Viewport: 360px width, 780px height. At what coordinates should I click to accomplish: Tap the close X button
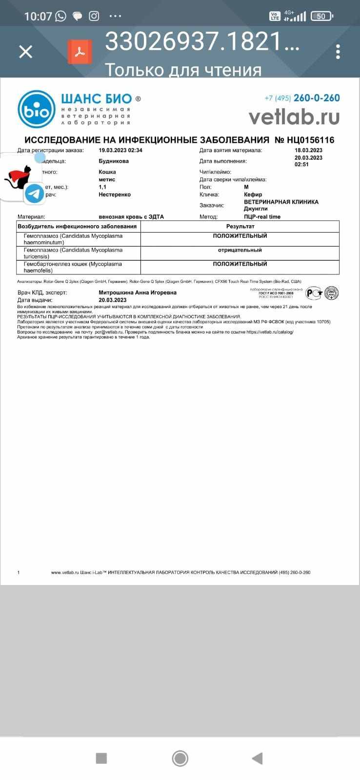click(25, 52)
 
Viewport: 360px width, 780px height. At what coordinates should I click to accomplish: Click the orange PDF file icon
click(80, 52)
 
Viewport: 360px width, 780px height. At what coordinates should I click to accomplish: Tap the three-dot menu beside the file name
click(338, 52)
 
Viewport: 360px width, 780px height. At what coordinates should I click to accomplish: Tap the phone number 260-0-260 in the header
click(317, 98)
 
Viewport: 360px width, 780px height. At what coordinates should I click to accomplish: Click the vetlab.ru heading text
click(294, 117)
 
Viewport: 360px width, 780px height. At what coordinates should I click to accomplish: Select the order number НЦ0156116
click(305, 140)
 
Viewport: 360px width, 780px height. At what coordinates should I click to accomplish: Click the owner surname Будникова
click(114, 161)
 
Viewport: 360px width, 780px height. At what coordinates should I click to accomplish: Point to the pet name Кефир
click(253, 195)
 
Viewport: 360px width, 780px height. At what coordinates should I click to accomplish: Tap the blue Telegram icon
click(34, 194)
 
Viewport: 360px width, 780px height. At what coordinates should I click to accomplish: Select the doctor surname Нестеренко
click(115, 195)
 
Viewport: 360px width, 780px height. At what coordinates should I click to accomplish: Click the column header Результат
click(240, 227)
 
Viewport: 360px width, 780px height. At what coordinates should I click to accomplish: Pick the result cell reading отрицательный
click(240, 250)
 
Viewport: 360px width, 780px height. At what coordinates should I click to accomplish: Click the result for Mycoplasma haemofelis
click(240, 264)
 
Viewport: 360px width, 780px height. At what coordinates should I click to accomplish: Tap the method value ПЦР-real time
click(262, 217)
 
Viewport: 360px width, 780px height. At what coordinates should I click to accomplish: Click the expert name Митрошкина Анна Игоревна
click(138, 292)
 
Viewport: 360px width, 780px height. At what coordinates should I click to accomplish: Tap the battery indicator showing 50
click(320, 16)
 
